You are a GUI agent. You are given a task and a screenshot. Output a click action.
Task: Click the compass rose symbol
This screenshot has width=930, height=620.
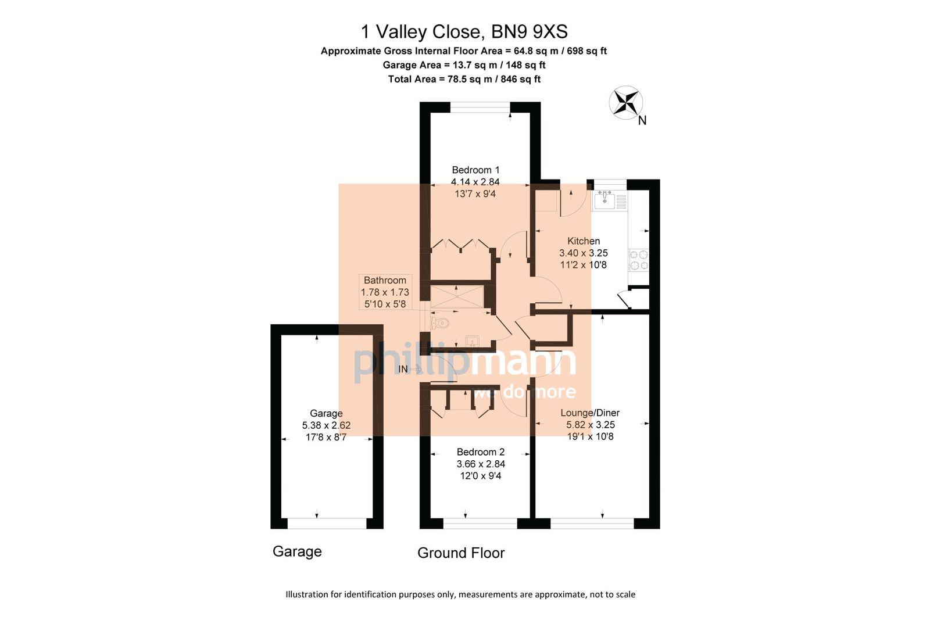pyautogui.click(x=625, y=103)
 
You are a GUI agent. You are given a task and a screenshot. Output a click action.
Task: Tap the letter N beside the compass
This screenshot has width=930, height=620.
pyautogui.click(x=642, y=121)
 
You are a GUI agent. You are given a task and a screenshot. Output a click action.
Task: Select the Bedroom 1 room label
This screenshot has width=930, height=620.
pyautogui.click(x=475, y=170)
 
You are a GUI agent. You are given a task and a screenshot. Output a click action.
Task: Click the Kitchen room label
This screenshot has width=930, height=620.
pyautogui.click(x=584, y=241)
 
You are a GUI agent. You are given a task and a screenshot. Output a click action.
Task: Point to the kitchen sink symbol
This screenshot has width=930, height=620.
pyautogui.click(x=605, y=199)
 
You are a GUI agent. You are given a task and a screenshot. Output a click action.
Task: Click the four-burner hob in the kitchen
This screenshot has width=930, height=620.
pyautogui.click(x=639, y=260)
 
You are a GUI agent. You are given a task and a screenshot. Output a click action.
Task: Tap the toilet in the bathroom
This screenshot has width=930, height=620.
pyautogui.click(x=440, y=323)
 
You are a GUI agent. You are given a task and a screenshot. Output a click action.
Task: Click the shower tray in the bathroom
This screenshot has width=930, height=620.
pyautogui.click(x=457, y=296)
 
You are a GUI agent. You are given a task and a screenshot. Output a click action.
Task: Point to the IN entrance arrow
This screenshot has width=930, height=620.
pyautogui.click(x=410, y=369)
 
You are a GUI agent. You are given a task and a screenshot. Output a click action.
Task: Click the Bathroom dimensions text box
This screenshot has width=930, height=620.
pyautogui.click(x=385, y=292)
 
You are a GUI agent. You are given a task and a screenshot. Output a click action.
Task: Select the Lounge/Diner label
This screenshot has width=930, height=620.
pyautogui.click(x=590, y=413)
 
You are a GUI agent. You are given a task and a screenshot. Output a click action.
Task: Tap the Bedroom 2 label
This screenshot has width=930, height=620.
pyautogui.click(x=481, y=452)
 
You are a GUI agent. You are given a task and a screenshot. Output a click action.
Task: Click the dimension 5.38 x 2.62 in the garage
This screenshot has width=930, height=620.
pyautogui.click(x=326, y=425)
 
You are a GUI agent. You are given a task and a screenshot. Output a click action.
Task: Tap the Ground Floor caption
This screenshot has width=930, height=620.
pyautogui.click(x=461, y=553)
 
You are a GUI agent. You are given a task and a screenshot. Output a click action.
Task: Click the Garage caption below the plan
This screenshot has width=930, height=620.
pyautogui.click(x=297, y=551)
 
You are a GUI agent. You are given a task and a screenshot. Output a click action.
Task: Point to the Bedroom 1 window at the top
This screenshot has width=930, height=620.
pyautogui.click(x=480, y=107)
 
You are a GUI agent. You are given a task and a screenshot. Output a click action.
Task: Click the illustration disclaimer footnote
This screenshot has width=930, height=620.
pyautogui.click(x=460, y=594)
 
